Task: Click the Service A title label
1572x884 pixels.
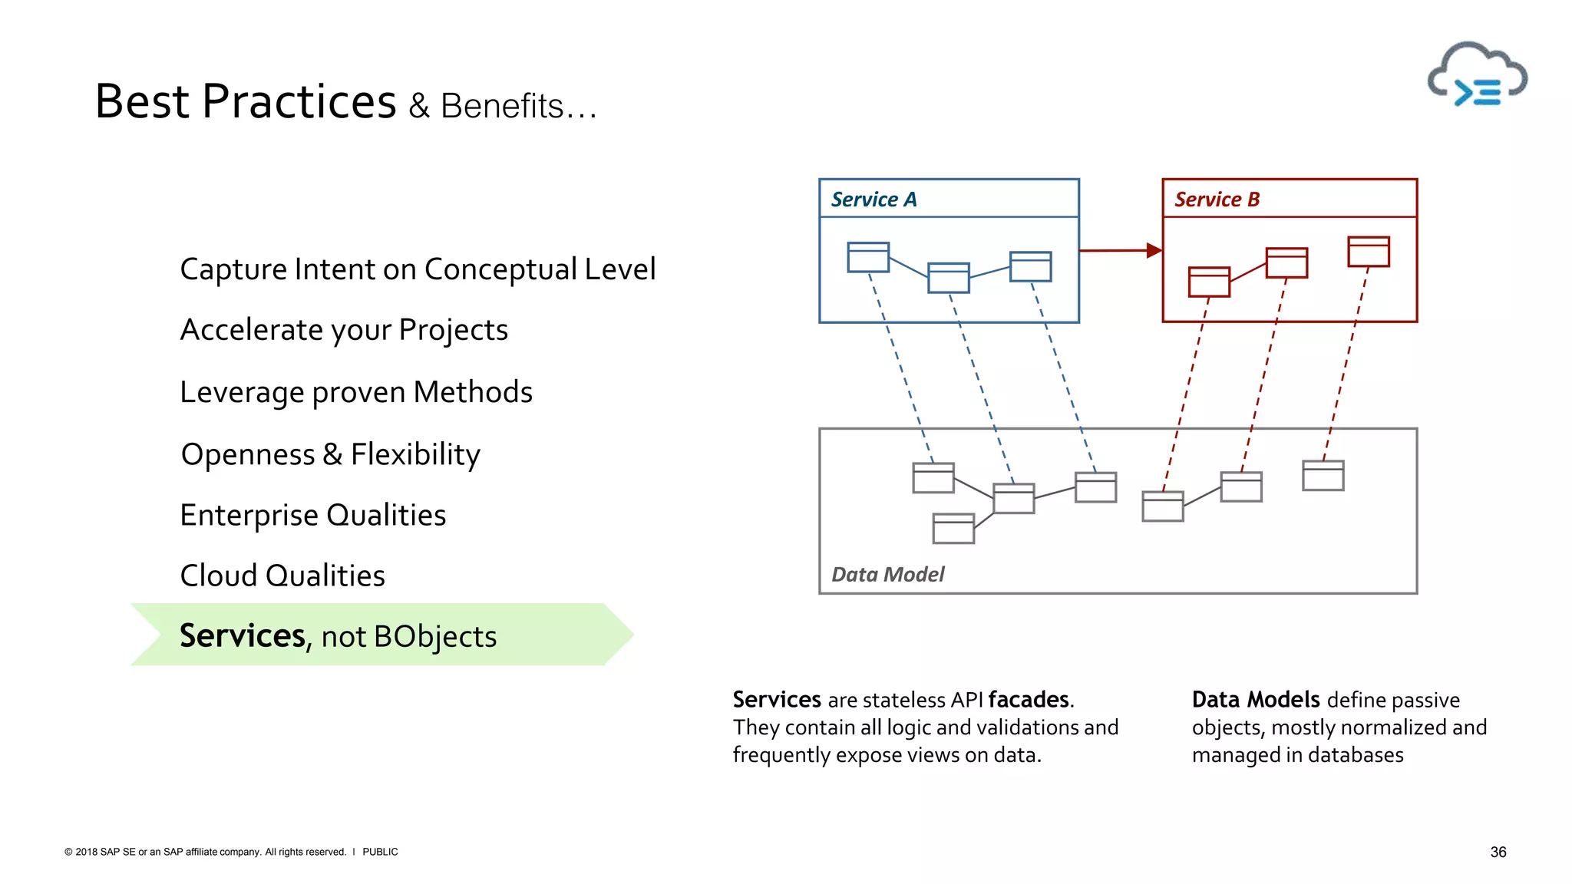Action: [x=874, y=200]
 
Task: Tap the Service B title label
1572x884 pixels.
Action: [x=1217, y=200]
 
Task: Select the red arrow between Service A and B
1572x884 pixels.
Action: [x=1121, y=250]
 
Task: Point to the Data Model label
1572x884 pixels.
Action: [x=887, y=574]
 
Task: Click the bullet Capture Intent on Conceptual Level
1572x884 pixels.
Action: [x=418, y=269]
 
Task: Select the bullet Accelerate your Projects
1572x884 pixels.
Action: [x=344, y=330]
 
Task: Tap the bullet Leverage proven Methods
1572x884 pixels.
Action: [x=356, y=392]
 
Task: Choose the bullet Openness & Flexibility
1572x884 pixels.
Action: [x=330, y=454]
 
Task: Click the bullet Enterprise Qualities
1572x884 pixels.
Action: [x=312, y=515]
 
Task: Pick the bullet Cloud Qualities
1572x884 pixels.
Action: [x=282, y=576]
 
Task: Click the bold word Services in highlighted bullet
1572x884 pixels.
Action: [x=243, y=636]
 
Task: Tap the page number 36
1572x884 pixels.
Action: [x=1498, y=852]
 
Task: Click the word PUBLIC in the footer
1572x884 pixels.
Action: [x=380, y=852]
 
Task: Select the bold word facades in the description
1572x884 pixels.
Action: [x=1029, y=700]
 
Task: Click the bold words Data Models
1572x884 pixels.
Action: [x=1255, y=700]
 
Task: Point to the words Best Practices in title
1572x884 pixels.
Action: [x=246, y=101]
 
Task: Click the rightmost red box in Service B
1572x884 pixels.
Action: [x=1369, y=252]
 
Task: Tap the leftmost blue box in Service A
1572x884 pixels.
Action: [x=868, y=257]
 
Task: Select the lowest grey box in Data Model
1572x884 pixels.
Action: [x=953, y=529]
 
